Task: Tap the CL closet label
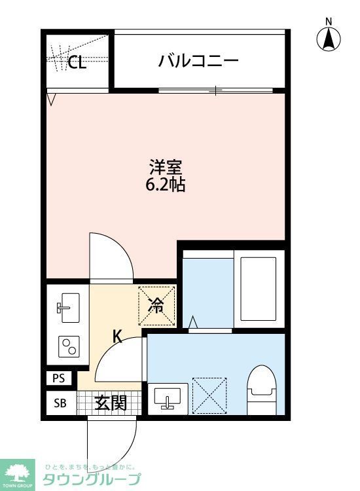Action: pyautogui.click(x=77, y=63)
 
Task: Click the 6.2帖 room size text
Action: pyautogui.click(x=165, y=185)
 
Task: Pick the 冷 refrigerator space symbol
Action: pyautogui.click(x=156, y=305)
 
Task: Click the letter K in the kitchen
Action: pyautogui.click(x=117, y=337)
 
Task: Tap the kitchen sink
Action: pyautogui.click(x=68, y=308)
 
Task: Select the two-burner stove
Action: pyautogui.click(x=68, y=345)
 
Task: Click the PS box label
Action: pyautogui.click(x=60, y=378)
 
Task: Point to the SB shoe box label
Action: pyautogui.click(x=60, y=403)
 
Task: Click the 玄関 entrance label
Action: pyautogui.click(x=110, y=403)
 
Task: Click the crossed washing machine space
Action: pyautogui.click(x=209, y=395)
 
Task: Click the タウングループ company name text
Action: pyautogui.click(x=91, y=480)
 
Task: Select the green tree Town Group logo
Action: pyautogui.click(x=19, y=472)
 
